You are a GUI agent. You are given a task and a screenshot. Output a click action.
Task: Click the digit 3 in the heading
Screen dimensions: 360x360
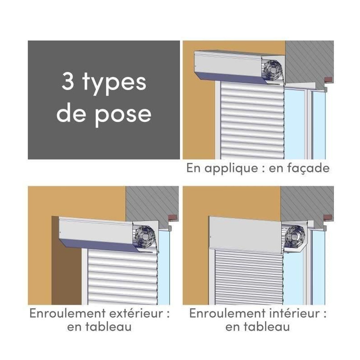[x=68, y=81]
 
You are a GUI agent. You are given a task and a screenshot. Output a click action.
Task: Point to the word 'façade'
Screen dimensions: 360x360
[x=308, y=168]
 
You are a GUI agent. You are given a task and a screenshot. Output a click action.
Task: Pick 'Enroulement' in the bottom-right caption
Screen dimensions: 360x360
[x=227, y=313]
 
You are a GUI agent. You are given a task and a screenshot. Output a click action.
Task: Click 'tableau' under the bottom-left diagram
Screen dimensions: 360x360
[x=108, y=327]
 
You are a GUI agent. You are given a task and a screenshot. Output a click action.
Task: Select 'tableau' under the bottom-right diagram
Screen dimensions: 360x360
[x=267, y=327]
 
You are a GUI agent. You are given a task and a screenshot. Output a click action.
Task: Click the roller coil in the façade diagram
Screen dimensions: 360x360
[x=273, y=70]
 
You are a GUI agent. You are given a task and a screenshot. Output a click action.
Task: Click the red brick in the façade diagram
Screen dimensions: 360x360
[x=328, y=80]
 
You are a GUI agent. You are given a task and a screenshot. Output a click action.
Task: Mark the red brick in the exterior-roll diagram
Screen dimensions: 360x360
[x=173, y=217]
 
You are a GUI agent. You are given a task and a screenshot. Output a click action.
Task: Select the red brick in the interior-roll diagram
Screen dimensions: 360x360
[x=328, y=217]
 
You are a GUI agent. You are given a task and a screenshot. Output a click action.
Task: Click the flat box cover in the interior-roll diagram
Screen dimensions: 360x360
[x=245, y=234]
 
